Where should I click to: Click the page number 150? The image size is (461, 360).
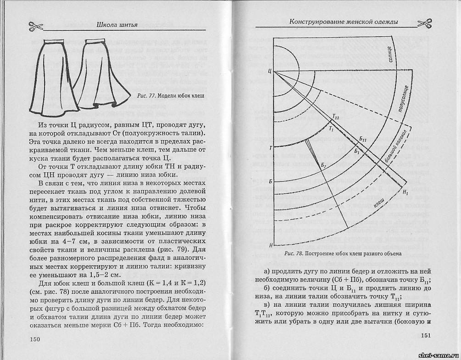(x=35, y=339)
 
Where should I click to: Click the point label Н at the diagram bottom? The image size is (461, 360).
(x=270, y=245)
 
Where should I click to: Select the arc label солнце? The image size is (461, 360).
(x=389, y=54)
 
